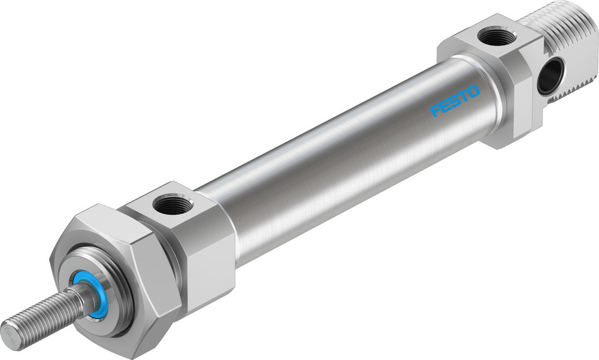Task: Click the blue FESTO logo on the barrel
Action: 456,101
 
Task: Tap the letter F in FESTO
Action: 436,111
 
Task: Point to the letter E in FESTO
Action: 446,105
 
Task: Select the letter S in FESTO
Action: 455,101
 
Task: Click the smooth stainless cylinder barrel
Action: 347,156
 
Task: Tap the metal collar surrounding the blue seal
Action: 99,300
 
